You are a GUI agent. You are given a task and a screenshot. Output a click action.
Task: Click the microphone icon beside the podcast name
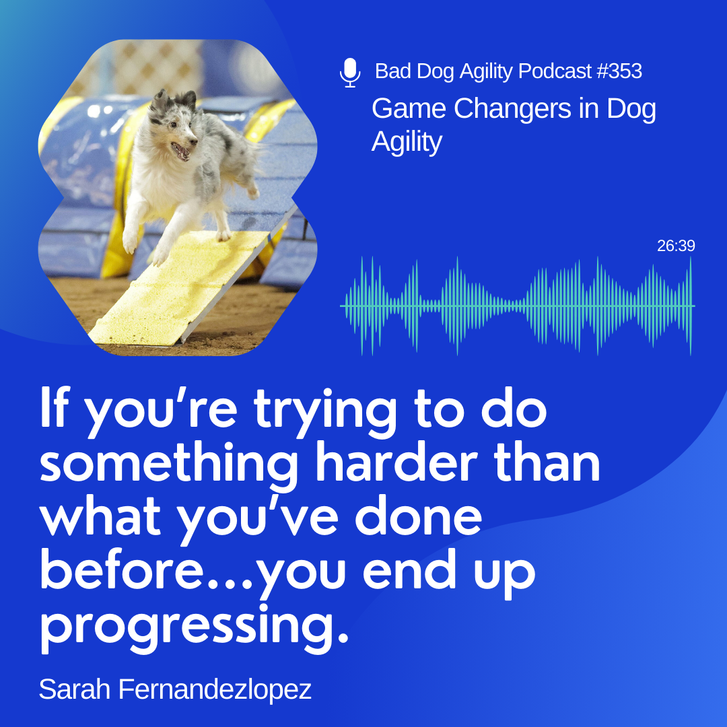click(350, 73)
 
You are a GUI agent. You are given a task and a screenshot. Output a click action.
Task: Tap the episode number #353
click(619, 71)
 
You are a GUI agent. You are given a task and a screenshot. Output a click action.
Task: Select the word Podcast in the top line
click(555, 71)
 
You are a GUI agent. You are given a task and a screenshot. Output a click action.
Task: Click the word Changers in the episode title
click(512, 108)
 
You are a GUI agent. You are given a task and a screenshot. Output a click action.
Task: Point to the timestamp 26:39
click(676, 246)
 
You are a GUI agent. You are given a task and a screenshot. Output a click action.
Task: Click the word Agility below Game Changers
click(407, 142)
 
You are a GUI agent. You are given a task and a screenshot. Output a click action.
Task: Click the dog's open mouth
click(181, 151)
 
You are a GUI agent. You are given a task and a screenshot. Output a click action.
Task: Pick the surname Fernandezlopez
click(215, 689)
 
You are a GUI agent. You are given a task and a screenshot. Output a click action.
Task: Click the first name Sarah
click(75, 689)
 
